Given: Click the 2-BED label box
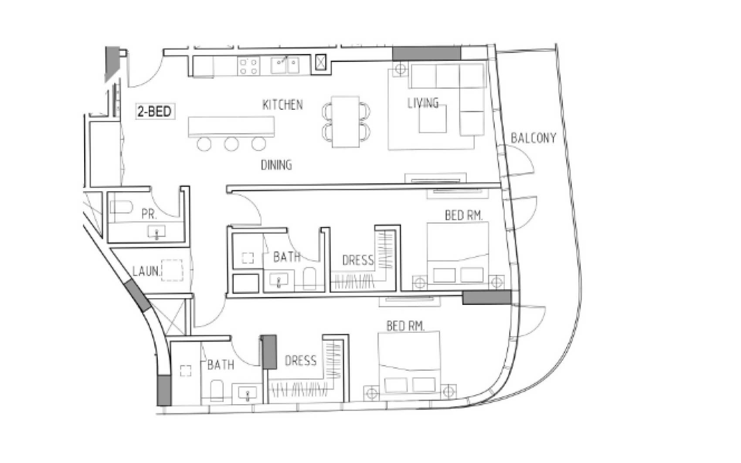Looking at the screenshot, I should pos(154,112).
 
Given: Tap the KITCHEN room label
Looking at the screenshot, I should pos(282,105).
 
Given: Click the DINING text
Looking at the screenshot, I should pos(276,165).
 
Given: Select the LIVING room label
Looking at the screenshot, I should pos(423,103).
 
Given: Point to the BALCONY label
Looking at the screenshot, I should pos(534,138).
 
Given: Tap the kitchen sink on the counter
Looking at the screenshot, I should pos(285,66).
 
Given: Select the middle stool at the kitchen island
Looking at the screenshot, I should pos(231,144).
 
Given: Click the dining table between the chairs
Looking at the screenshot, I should pos(346,122).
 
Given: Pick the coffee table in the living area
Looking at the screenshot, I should pos(433,119).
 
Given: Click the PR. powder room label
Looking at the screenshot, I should pos(149,214).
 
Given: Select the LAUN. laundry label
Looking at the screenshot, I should pos(146,271).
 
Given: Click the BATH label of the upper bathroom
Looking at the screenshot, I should pos(287,257).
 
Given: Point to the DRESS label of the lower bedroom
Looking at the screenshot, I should pos(300,361).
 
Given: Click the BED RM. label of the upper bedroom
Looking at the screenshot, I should pos(464,215).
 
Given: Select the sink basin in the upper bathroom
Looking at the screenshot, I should pos(279,280).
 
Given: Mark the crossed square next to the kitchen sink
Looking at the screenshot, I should pos(320,62).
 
